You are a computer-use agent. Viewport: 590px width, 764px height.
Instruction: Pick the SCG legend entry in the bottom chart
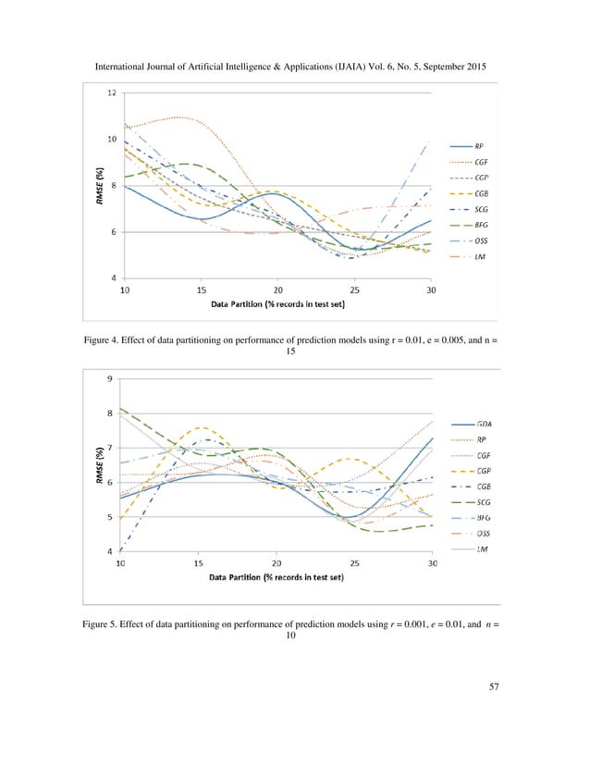[485, 502]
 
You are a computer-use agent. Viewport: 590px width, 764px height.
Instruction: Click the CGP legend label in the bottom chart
[485, 470]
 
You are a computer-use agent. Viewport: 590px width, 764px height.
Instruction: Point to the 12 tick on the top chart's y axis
[111, 93]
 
